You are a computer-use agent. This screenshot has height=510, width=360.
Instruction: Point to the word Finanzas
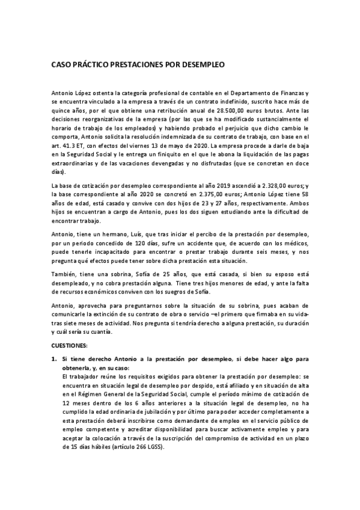(x=290, y=93)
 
